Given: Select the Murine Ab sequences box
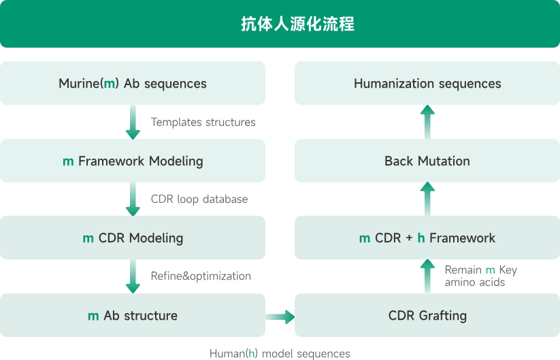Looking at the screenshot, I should coord(133,84).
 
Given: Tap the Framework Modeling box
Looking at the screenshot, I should coord(133,161).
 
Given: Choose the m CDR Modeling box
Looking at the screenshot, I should coord(133,238).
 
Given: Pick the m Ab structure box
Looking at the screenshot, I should coord(133,316).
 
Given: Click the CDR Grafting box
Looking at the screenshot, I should coord(427,316).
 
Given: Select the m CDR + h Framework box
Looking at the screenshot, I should coord(427,238).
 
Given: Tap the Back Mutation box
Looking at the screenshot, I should coord(427,161).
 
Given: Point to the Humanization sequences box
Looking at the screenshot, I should coord(427,84).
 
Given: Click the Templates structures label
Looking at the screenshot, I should coord(203,122).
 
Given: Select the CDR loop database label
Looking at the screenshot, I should coord(199,199).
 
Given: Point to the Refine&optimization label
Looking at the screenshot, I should coord(201,276).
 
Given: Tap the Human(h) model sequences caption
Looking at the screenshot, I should coord(280,354).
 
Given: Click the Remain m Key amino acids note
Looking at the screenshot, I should coord(480,276).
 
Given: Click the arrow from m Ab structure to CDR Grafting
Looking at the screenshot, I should coord(280,316).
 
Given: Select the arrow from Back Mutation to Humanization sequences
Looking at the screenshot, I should coord(427,122).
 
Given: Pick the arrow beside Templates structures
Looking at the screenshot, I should coord(133,122).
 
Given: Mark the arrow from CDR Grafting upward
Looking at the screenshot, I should coord(427,276).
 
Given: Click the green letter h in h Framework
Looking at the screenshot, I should coord(421,238).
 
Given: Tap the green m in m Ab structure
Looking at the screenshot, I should coord(94,316).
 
